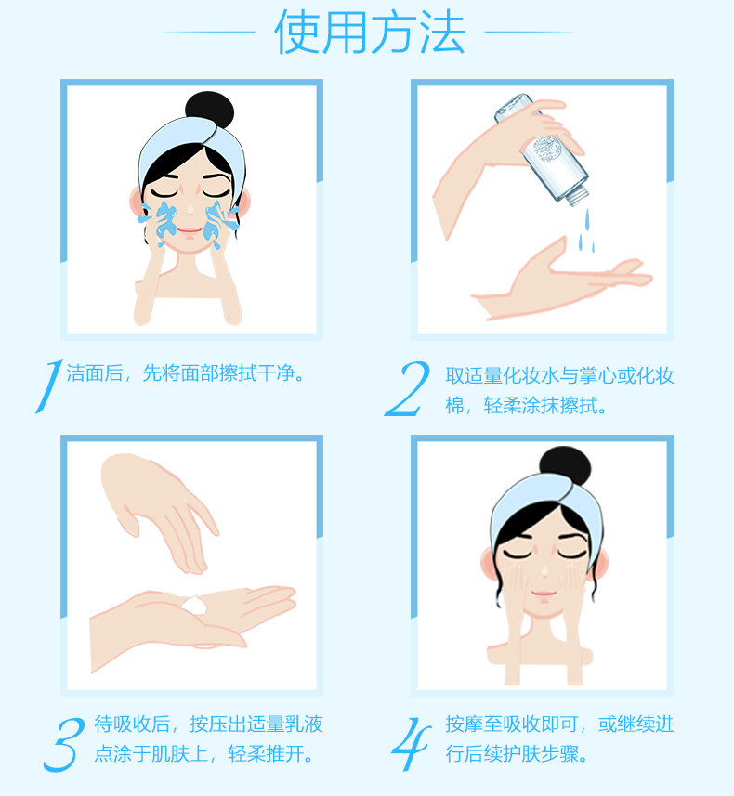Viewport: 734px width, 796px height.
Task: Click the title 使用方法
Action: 369,33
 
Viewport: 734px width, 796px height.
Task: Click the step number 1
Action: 49,386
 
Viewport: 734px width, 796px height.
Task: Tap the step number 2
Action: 407,389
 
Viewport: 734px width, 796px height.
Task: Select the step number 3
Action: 63,745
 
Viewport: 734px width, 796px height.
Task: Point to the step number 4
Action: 411,744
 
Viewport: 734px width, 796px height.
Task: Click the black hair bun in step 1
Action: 209,110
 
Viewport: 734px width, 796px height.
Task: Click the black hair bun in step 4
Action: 565,466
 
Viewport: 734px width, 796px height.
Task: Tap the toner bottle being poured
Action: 542,149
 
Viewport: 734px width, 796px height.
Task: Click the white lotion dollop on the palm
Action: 194,605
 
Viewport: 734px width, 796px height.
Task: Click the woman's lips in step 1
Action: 190,231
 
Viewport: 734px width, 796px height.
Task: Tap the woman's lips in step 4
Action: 544,593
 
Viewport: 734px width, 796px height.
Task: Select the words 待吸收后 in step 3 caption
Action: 132,724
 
